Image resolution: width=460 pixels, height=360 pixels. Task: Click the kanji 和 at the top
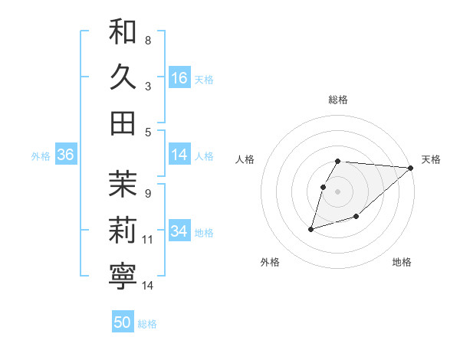pos(123,32)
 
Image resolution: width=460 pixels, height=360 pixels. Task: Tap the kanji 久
pos(123,77)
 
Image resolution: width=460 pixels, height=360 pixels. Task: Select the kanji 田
pos(123,123)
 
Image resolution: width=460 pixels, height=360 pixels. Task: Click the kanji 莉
pos(123,229)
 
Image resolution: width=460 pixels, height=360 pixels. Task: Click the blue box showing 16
pos(179,78)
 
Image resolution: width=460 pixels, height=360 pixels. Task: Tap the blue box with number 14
pos(179,155)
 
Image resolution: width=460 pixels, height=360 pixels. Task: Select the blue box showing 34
pos(179,231)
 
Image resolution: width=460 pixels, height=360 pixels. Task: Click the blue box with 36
pos(66,155)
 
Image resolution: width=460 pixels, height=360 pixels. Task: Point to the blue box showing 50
pos(123,322)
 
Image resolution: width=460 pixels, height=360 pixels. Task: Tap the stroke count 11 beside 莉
pos(148,240)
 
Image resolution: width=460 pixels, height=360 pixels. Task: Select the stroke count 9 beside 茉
pos(148,194)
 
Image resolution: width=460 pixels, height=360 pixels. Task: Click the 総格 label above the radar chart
pos(338,100)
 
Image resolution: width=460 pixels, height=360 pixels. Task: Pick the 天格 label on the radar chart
pos(431,159)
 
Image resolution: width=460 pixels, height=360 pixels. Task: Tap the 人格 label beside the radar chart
pos(245,159)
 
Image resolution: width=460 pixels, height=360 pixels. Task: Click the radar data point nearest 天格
pos(411,169)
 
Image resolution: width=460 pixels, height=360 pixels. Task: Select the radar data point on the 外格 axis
pos(311,228)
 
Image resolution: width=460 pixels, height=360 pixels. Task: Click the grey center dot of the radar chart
pos(338,191)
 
